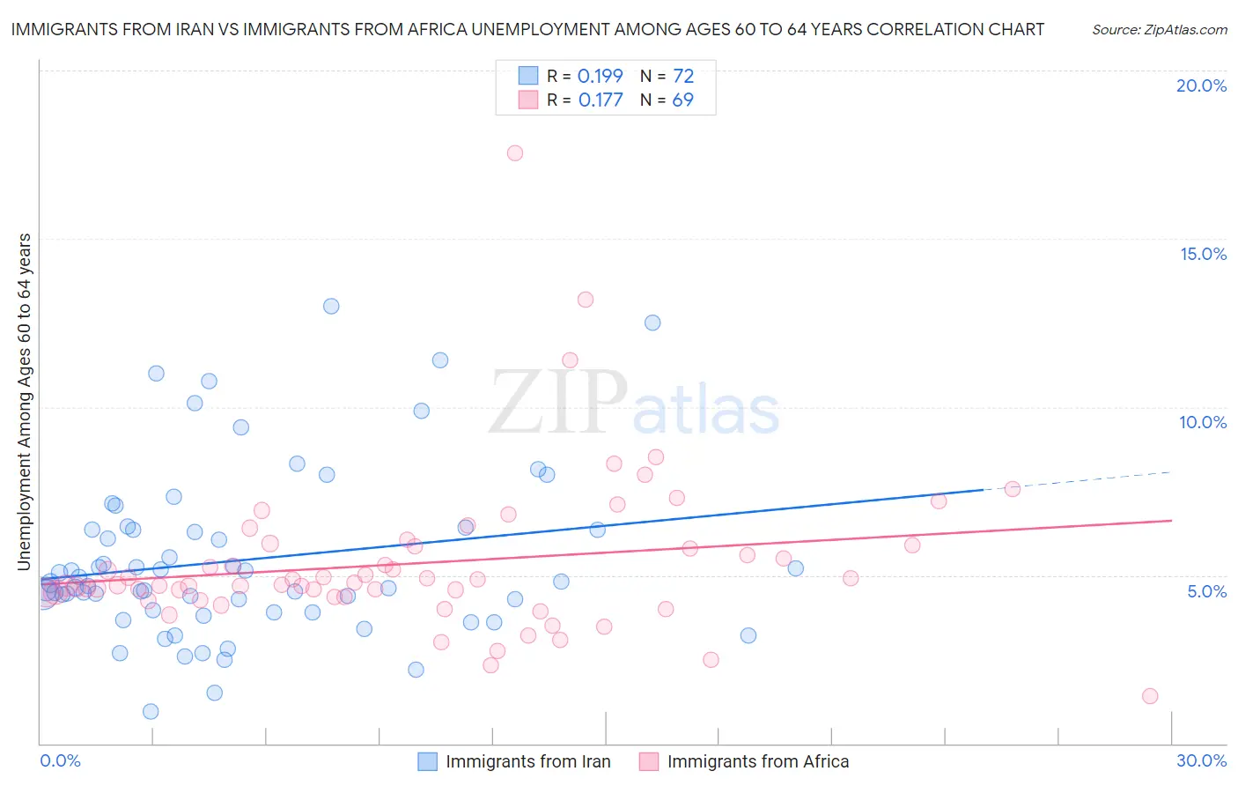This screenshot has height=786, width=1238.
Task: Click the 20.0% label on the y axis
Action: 1201,85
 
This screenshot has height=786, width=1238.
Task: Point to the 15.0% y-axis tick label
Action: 1203,254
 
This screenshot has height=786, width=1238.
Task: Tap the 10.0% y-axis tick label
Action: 1203,422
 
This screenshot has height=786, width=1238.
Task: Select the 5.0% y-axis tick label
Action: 1206,591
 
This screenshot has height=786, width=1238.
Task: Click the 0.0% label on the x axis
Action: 60,760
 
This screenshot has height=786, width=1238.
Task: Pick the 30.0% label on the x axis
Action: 1201,760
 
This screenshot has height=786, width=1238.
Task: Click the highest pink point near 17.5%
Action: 515,153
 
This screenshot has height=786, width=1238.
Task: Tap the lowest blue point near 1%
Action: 151,712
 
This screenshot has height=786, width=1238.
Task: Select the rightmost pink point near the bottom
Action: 1150,696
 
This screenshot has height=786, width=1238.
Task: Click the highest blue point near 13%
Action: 331,307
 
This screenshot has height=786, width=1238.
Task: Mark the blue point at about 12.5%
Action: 652,323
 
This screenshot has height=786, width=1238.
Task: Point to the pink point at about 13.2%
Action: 586,300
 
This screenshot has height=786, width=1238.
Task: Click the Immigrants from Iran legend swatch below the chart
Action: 427,761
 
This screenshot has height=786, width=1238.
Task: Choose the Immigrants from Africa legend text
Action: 758,761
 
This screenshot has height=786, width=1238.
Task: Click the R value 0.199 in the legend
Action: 600,77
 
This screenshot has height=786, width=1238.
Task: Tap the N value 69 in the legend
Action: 682,100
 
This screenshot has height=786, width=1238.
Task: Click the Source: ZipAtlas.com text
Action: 1159,29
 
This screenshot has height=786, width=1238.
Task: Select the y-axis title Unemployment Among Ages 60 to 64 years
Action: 25,402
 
